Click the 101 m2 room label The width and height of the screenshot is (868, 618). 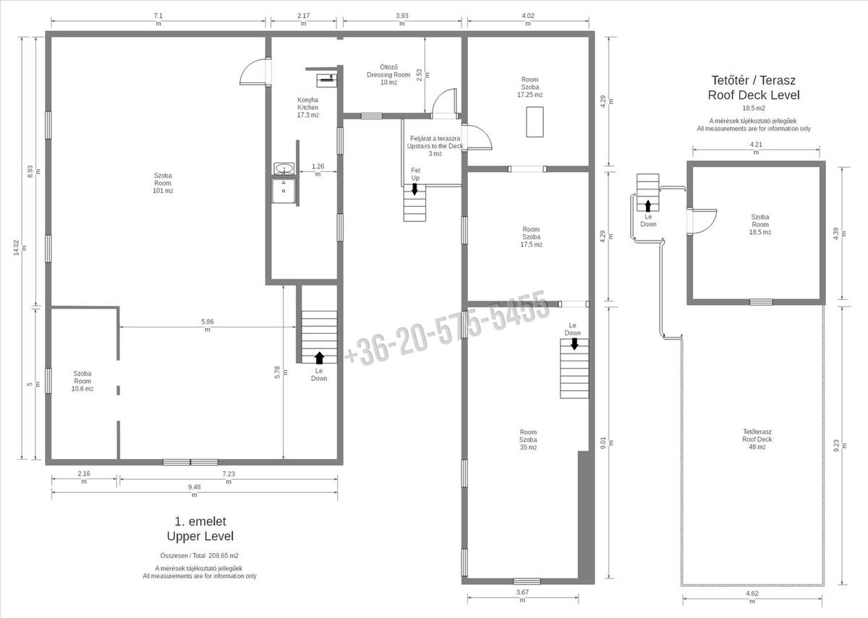[163, 183]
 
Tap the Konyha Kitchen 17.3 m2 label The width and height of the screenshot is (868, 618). [308, 107]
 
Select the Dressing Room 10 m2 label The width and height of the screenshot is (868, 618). [388, 74]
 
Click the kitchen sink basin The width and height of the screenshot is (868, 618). [284, 169]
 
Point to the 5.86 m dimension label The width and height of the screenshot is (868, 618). [208, 325]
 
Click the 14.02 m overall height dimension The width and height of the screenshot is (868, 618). [20, 248]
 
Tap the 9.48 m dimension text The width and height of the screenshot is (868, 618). [195, 490]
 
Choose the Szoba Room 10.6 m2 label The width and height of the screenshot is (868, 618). [82, 381]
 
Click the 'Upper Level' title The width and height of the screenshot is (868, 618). [200, 536]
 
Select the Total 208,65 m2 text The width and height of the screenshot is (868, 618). [199, 556]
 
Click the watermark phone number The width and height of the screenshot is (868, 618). [447, 328]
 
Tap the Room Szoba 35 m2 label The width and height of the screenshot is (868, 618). [528, 439]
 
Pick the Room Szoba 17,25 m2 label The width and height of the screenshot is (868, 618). [529, 87]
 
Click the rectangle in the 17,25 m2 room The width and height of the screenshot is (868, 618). [535, 122]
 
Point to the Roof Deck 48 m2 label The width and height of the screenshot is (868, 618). [757, 439]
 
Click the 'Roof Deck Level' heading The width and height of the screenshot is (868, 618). [754, 95]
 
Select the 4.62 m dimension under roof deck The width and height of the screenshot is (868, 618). [752, 597]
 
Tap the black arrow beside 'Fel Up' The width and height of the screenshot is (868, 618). [414, 189]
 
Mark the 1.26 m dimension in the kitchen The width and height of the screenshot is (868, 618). [318, 170]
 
